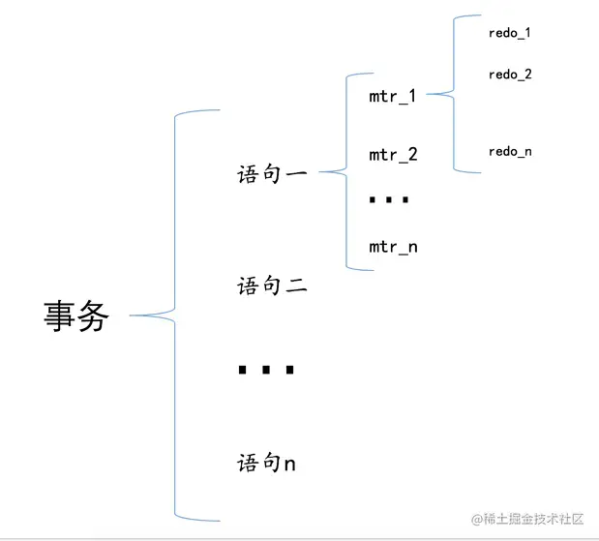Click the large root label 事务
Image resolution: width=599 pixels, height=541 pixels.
point(77,316)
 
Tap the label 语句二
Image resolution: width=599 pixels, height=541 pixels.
point(272,286)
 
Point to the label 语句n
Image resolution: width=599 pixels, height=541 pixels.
point(267,464)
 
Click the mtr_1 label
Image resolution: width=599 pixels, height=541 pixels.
point(392,97)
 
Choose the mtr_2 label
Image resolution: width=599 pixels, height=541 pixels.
point(392,155)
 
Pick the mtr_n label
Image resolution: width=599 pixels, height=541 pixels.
point(392,247)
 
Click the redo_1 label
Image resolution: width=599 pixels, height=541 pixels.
point(510,33)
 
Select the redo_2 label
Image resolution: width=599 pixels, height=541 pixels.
point(510,75)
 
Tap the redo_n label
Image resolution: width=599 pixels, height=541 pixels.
point(510,151)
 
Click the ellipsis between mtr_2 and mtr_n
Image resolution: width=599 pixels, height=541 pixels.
point(390,200)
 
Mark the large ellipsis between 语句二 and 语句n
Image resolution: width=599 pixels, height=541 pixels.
point(265,370)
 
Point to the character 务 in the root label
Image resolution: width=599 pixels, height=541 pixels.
point(94,316)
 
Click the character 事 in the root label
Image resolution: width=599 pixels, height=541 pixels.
point(60,316)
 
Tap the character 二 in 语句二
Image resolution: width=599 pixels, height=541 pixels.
point(295,286)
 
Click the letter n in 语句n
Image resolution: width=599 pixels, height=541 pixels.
point(289,465)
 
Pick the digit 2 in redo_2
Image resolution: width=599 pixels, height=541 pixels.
point(527,75)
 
